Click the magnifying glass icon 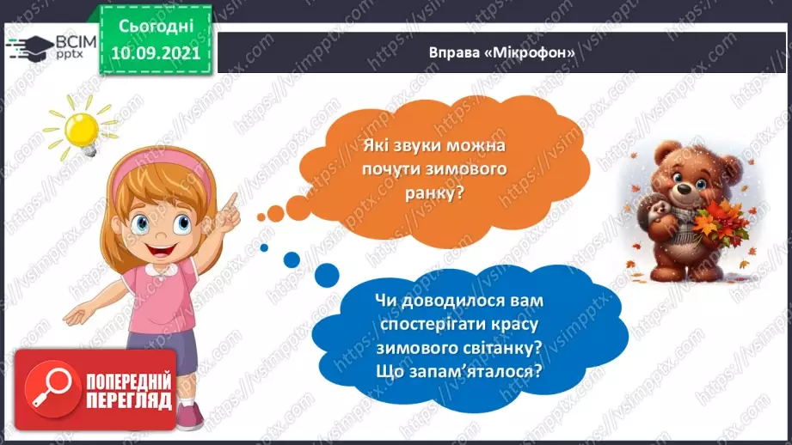[48, 392]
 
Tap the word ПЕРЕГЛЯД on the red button [128, 401]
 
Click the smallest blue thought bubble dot [263, 247]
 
